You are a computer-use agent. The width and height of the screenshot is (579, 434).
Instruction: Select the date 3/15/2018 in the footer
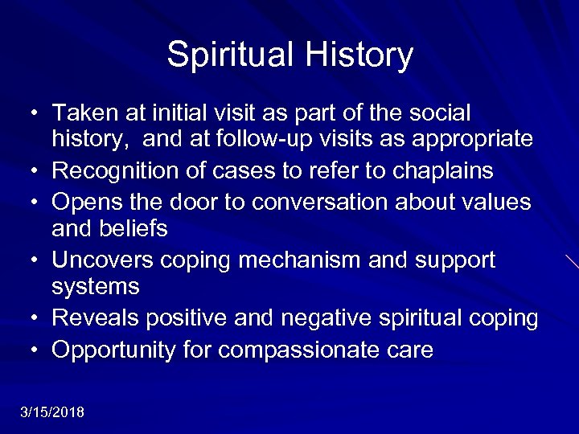(52, 412)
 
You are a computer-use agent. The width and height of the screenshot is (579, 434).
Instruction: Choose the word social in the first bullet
(438, 113)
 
